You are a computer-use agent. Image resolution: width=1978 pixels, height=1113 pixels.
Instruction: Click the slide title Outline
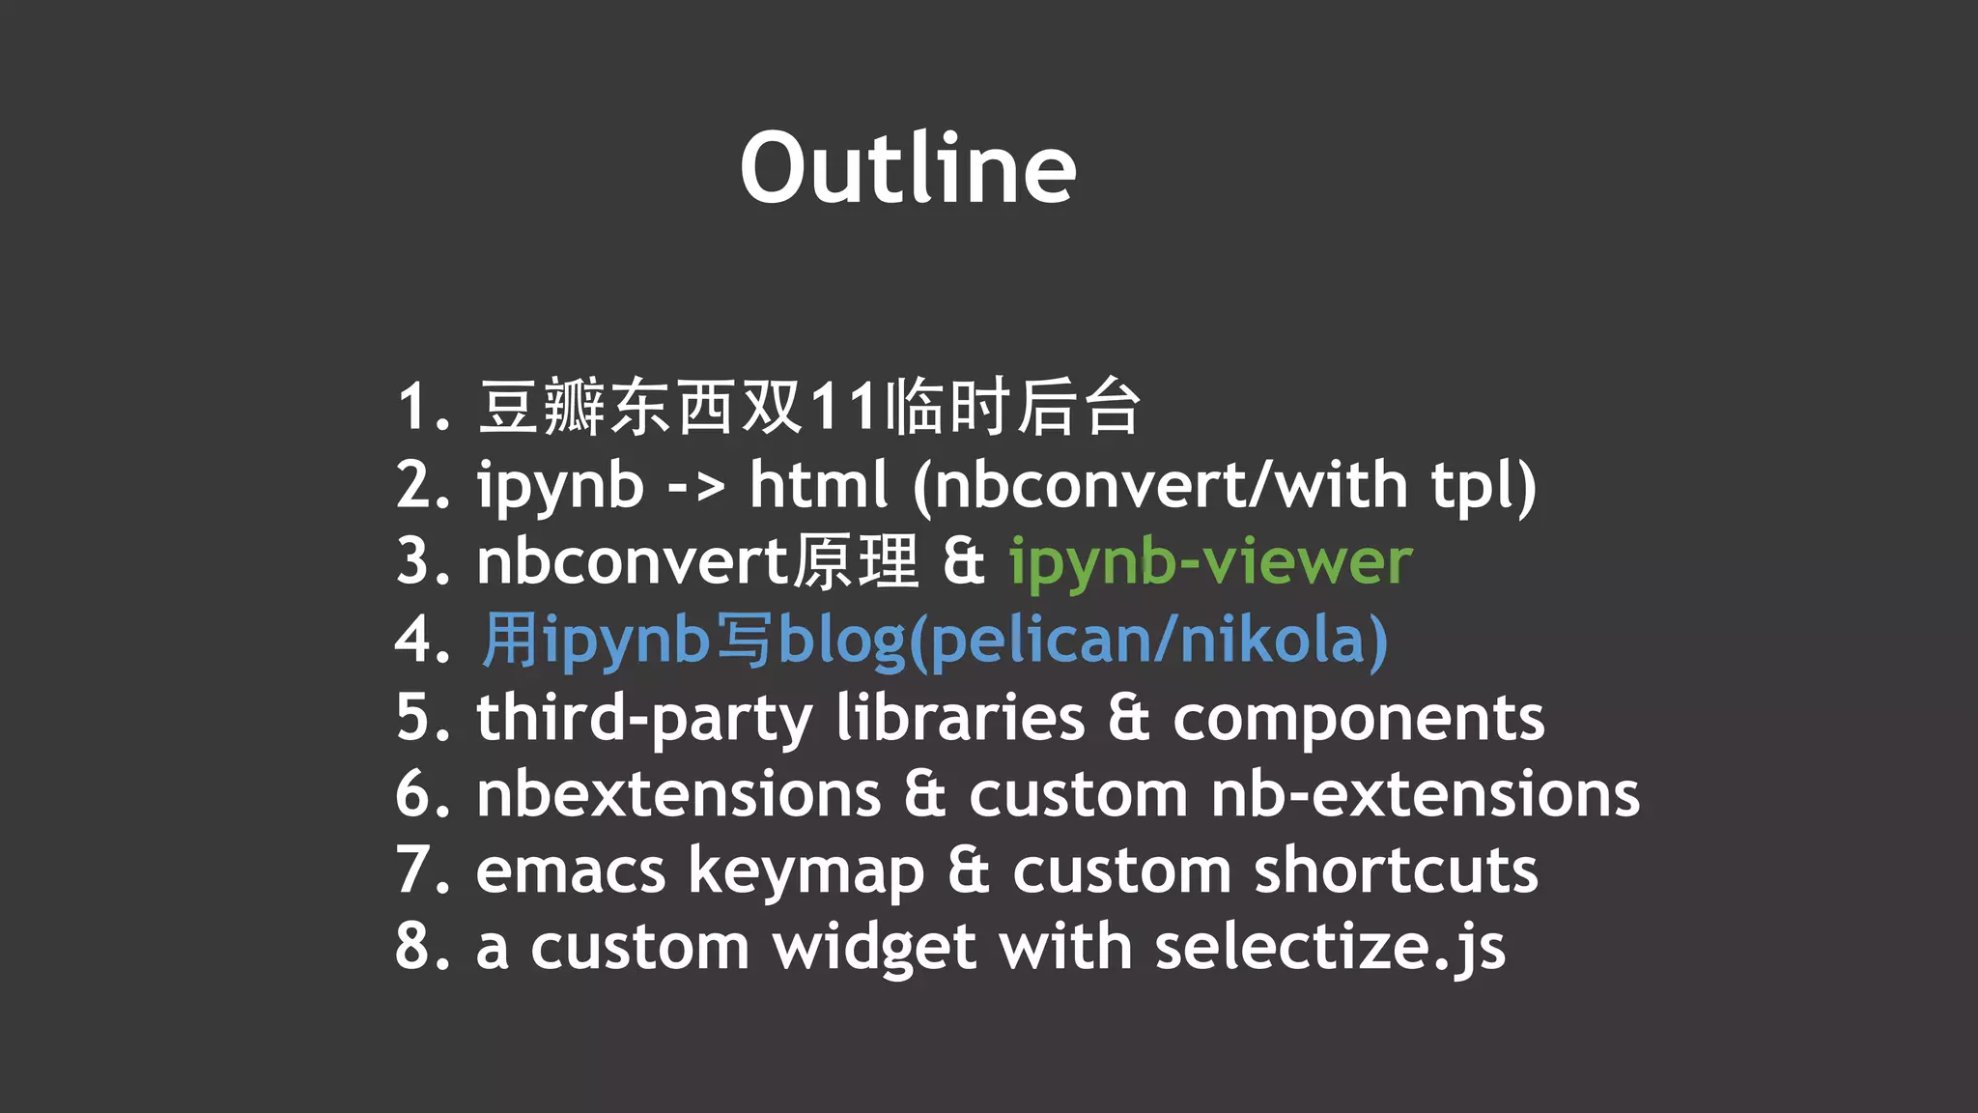pyautogui.click(x=908, y=169)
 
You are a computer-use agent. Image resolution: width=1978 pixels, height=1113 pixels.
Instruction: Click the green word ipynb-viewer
pyautogui.click(x=1210, y=562)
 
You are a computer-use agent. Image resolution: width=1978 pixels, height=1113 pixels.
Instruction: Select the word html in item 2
pyautogui.click(x=818, y=485)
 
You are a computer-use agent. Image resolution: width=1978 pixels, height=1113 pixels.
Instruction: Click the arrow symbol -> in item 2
pyautogui.click(x=695, y=487)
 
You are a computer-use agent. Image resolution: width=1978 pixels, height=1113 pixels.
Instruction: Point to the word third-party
pyautogui.click(x=644, y=719)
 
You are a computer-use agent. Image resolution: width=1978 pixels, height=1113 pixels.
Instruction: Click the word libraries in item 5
pyautogui.click(x=960, y=719)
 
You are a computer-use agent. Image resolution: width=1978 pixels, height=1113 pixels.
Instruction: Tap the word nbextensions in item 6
pyautogui.click(x=678, y=795)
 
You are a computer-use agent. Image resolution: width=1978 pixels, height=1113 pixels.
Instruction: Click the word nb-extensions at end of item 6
pyautogui.click(x=1425, y=795)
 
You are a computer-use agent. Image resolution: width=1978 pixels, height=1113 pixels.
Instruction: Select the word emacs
pyautogui.click(x=570, y=871)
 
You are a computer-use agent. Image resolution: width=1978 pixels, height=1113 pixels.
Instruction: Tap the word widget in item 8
pyautogui.click(x=874, y=949)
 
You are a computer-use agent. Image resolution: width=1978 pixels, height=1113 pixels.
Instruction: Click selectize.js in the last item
pyautogui.click(x=1330, y=949)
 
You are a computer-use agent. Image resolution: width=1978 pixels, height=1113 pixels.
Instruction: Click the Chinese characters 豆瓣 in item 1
pyautogui.click(x=542, y=407)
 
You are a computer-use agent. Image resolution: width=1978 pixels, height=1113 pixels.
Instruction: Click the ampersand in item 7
pyautogui.click(x=968, y=871)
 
